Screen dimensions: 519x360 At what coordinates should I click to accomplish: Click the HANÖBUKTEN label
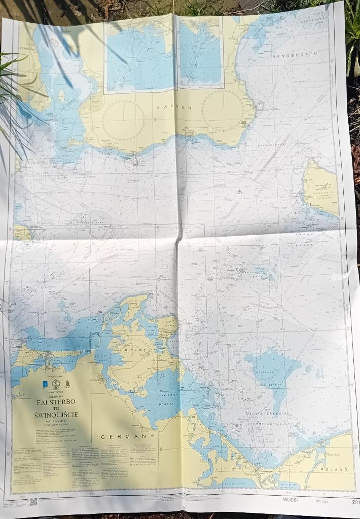tap(295, 54)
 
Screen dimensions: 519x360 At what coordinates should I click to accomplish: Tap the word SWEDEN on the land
tap(174, 107)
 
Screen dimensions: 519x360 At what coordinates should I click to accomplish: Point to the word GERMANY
tap(127, 436)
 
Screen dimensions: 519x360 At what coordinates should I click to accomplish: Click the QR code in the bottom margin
tap(33, 502)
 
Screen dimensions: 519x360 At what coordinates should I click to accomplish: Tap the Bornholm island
tap(321, 187)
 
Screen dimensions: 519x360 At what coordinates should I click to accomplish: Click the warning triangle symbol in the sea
tap(239, 192)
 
